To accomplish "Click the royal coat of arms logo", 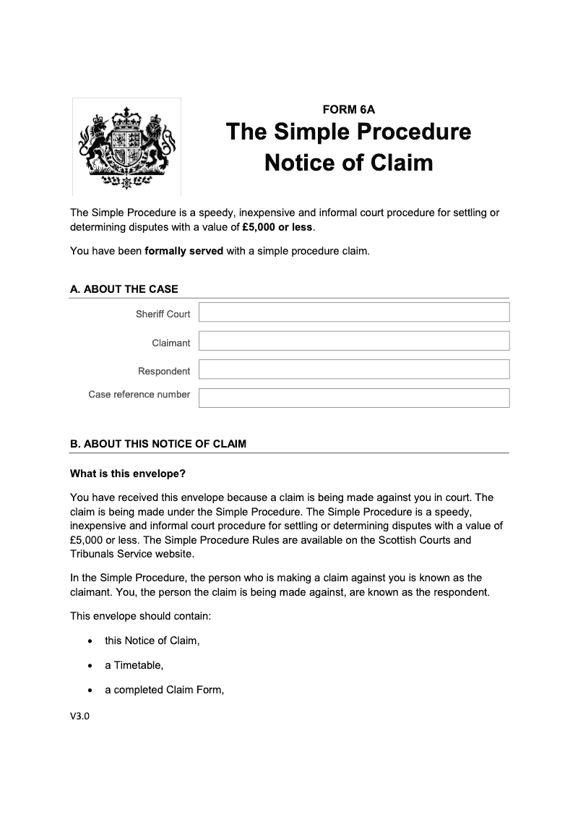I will pyautogui.click(x=126, y=147).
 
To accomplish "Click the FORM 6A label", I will pyautogui.click(x=348, y=110).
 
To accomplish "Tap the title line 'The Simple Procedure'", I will pyautogui.click(x=348, y=132).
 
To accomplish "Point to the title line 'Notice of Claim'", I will pyautogui.click(x=348, y=162).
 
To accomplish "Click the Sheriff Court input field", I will pyautogui.click(x=354, y=312).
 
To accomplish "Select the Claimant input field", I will pyautogui.click(x=354, y=341).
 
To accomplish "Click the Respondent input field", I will pyautogui.click(x=354, y=369).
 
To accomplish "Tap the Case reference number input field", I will pyautogui.click(x=354, y=398).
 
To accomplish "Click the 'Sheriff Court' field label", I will pyautogui.click(x=163, y=314).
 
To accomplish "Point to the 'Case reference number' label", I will pyautogui.click(x=139, y=395).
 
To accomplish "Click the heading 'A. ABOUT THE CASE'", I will pyautogui.click(x=124, y=289).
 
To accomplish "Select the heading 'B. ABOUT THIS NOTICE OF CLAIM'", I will pyautogui.click(x=158, y=444).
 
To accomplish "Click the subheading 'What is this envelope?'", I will pyautogui.click(x=128, y=474).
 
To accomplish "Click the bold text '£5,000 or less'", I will pyautogui.click(x=278, y=226).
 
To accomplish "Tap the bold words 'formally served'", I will pyautogui.click(x=184, y=252).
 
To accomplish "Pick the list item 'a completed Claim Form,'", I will pyautogui.click(x=165, y=690).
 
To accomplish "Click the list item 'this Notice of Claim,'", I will pyautogui.click(x=152, y=641).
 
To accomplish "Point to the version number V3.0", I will pyautogui.click(x=79, y=717).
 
